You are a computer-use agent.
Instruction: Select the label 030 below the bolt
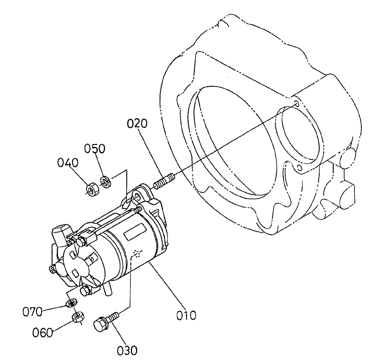pos(127,350)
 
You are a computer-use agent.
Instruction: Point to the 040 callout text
pos(68,162)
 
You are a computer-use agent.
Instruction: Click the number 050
pos(96,149)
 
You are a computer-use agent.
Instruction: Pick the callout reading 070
pos(33,311)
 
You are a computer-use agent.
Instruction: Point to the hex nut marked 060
pos(77,317)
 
